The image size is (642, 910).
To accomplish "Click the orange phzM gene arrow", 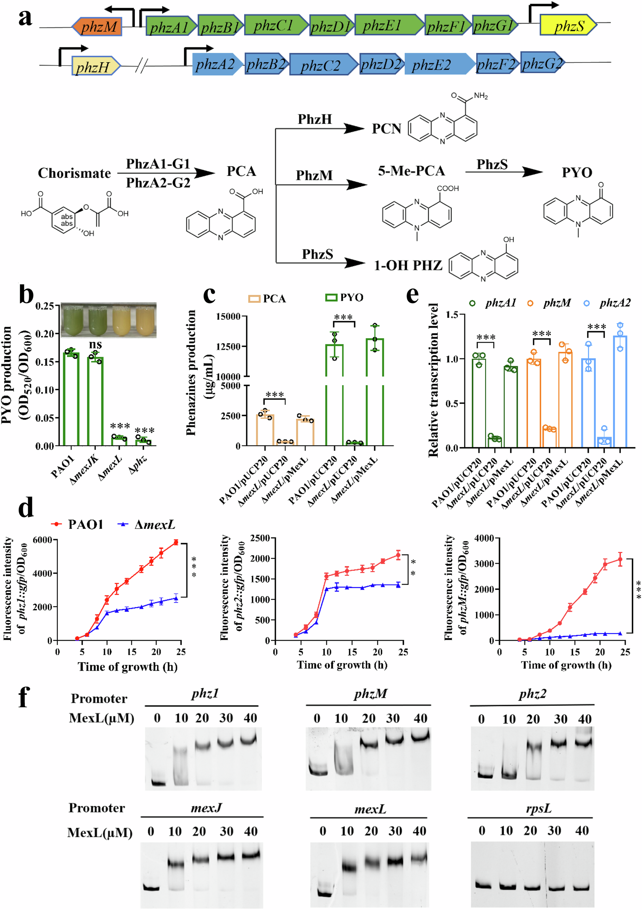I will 97,27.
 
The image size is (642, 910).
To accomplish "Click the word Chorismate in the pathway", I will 74,173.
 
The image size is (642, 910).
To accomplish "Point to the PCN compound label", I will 386,129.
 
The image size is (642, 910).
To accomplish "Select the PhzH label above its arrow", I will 315,119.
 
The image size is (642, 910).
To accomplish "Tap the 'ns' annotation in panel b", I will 95,344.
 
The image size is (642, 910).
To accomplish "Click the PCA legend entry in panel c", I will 267,298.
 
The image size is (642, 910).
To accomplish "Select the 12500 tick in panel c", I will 228,347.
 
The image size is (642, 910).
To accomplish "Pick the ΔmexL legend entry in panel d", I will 147,525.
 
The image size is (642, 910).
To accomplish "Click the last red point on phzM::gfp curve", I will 620,559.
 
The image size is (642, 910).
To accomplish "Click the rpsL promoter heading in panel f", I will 539,808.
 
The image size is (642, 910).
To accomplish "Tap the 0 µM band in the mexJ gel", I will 151,888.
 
